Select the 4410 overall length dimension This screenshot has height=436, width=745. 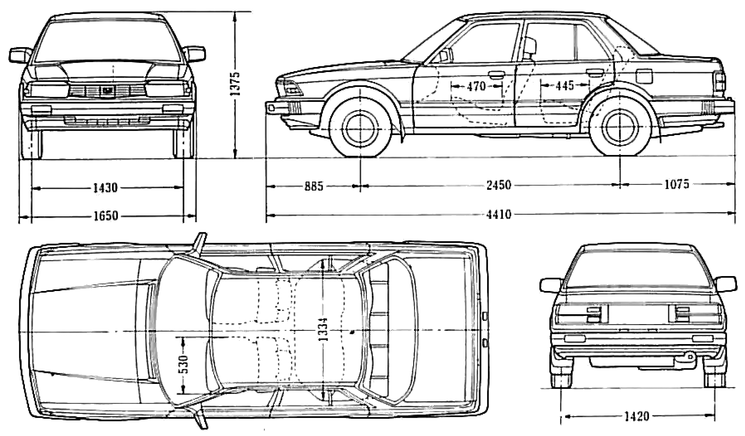[499, 215]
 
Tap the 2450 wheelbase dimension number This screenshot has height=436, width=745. [499, 185]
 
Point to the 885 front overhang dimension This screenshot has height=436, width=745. [314, 186]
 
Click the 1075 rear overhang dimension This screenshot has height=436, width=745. [677, 184]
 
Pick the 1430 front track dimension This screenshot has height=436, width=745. [105, 188]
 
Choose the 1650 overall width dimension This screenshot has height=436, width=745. [105, 216]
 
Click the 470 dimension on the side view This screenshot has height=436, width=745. [476, 87]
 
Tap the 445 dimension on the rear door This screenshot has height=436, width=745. [565, 86]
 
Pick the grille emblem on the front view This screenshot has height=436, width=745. [107, 90]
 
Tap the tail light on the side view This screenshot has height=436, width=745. [720, 81]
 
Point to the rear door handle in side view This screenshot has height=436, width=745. [594, 72]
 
